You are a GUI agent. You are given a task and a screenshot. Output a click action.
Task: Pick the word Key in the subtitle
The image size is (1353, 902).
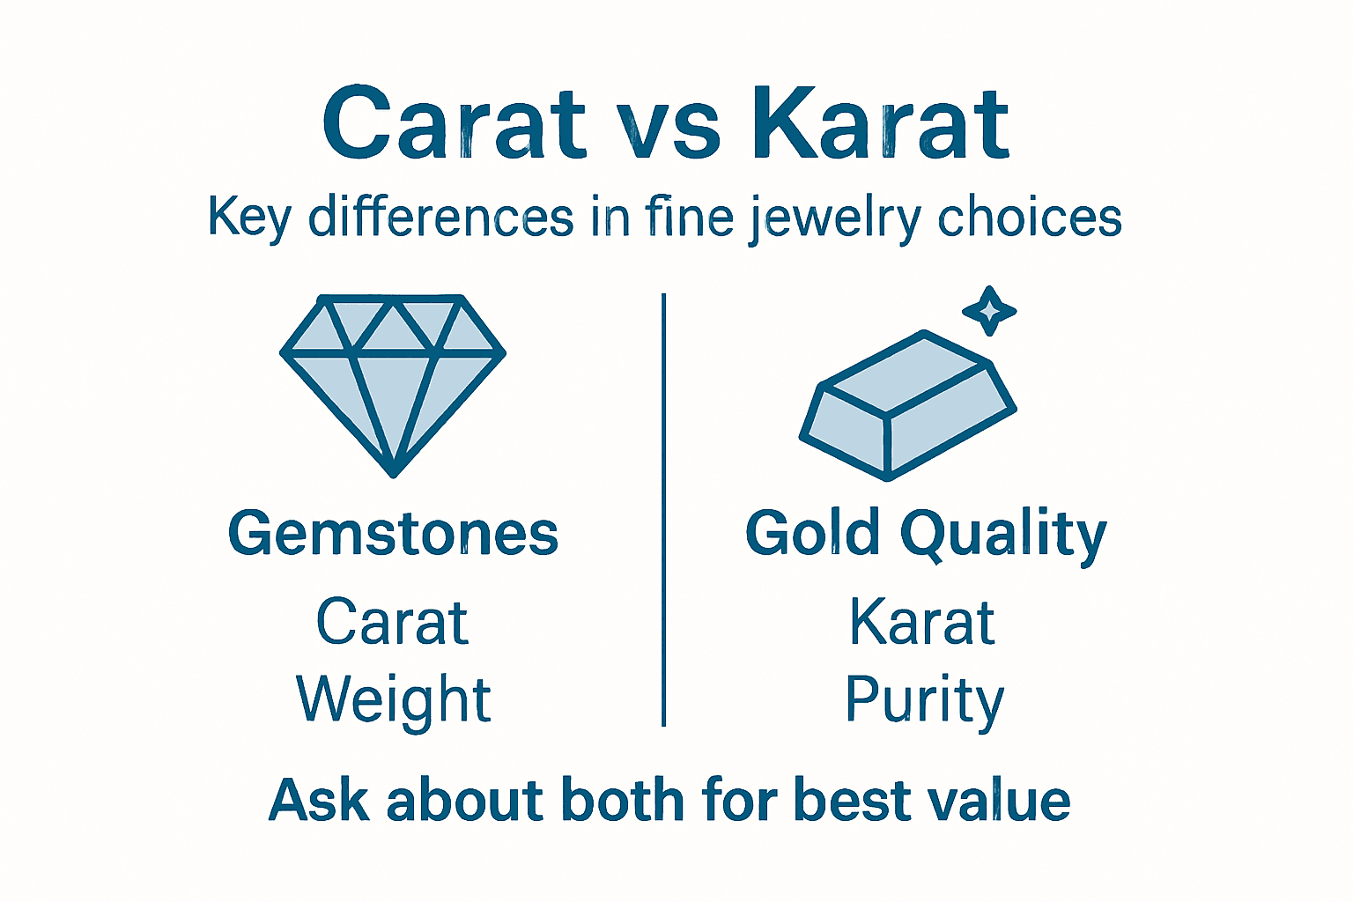249,218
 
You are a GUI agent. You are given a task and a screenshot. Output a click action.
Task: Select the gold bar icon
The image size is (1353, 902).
907,405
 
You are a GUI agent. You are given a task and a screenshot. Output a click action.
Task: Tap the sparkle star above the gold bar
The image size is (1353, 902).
989,311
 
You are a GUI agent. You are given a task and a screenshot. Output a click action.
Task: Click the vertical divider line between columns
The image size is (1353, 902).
663,511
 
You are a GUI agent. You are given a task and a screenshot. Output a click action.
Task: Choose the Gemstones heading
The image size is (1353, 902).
393,534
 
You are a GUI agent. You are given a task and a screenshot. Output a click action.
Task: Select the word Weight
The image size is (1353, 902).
393,701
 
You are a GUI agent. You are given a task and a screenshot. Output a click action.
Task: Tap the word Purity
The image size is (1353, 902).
924,701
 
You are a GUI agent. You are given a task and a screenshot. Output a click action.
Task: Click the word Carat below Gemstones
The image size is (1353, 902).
392,623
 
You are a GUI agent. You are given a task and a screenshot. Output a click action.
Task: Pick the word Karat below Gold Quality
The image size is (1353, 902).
922,623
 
